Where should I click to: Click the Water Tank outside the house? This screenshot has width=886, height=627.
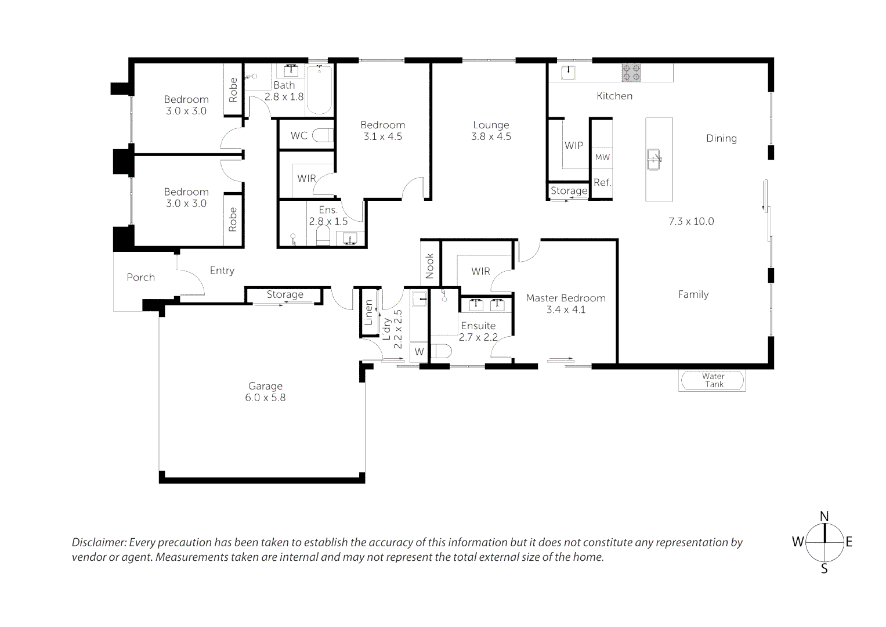tap(712, 380)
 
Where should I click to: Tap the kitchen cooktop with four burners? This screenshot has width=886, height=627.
tap(631, 73)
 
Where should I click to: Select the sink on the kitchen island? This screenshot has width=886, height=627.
tap(654, 160)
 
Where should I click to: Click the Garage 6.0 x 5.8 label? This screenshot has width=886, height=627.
tap(265, 391)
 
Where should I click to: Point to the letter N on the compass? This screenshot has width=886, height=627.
tap(824, 516)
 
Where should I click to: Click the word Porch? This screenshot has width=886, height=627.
tap(140, 277)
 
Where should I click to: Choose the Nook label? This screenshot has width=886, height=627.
tap(429, 266)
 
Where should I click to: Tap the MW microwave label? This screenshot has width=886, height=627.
tap(602, 157)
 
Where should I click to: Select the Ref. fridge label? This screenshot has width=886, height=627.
tap(602, 182)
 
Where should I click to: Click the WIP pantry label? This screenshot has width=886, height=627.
tap(574, 146)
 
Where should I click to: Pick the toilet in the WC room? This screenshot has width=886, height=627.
tap(323, 135)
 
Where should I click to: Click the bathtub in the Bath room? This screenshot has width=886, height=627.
tap(319, 90)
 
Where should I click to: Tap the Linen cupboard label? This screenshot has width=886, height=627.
tap(368, 312)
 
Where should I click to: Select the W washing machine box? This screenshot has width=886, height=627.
tap(420, 351)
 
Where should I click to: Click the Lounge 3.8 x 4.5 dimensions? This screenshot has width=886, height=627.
tap(491, 136)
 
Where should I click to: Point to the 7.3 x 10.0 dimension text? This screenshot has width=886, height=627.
tap(692, 221)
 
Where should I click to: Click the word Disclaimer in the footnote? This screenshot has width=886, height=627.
tap(99, 542)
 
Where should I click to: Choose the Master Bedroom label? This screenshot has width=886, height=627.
tap(566, 298)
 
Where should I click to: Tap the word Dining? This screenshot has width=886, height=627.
tap(721, 139)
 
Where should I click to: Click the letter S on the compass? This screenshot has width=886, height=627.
tap(824, 569)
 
